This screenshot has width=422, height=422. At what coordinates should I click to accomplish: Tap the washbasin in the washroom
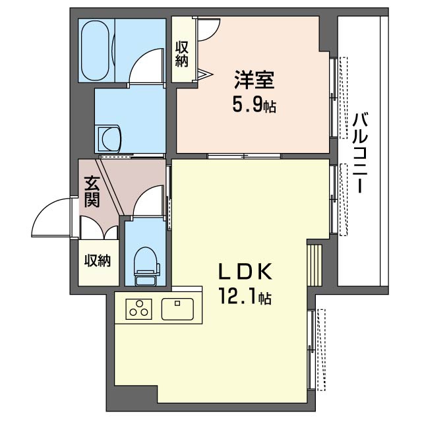coord(109,139)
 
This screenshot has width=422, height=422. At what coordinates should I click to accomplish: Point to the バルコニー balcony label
coord(359,152)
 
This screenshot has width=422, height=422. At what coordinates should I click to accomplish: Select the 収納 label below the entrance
coord(97,260)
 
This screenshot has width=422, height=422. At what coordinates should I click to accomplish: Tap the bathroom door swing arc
coord(144,65)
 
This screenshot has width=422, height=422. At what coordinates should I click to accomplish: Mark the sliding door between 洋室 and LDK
coord(244,156)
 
